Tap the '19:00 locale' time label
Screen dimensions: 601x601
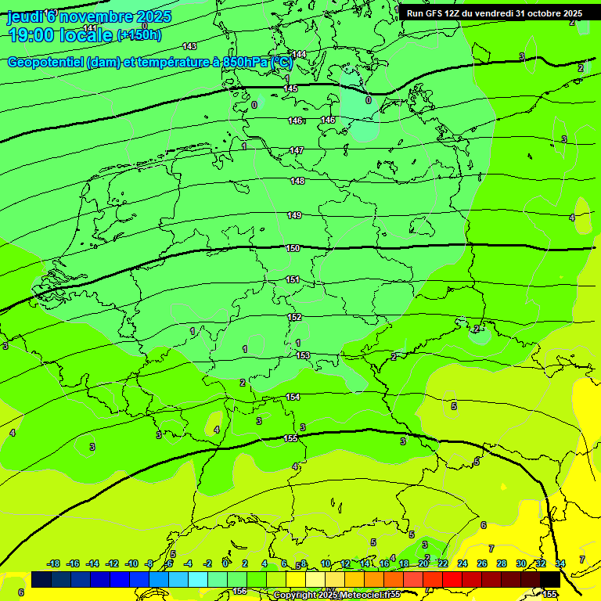click(x=60, y=34)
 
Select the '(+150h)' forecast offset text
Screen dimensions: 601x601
click(x=139, y=35)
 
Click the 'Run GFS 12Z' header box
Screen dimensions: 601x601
click(x=494, y=13)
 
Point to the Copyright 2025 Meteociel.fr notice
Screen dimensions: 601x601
click(x=336, y=595)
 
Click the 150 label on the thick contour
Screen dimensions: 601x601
click(x=293, y=248)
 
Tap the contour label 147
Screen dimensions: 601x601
click(x=297, y=150)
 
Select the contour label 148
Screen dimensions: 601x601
click(x=297, y=181)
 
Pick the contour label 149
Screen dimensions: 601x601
click(x=294, y=215)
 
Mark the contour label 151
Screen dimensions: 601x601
click(x=293, y=279)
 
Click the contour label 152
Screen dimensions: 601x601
click(x=294, y=317)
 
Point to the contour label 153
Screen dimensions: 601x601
click(x=303, y=355)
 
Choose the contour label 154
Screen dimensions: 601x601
click(x=293, y=397)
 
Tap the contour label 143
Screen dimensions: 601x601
click(x=189, y=46)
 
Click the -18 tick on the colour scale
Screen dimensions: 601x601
click(x=53, y=563)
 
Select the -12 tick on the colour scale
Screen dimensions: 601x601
click(x=112, y=563)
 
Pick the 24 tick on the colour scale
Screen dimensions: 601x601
click(x=462, y=563)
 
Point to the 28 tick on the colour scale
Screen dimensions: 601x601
click(x=501, y=563)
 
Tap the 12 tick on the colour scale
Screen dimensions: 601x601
click(x=345, y=563)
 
